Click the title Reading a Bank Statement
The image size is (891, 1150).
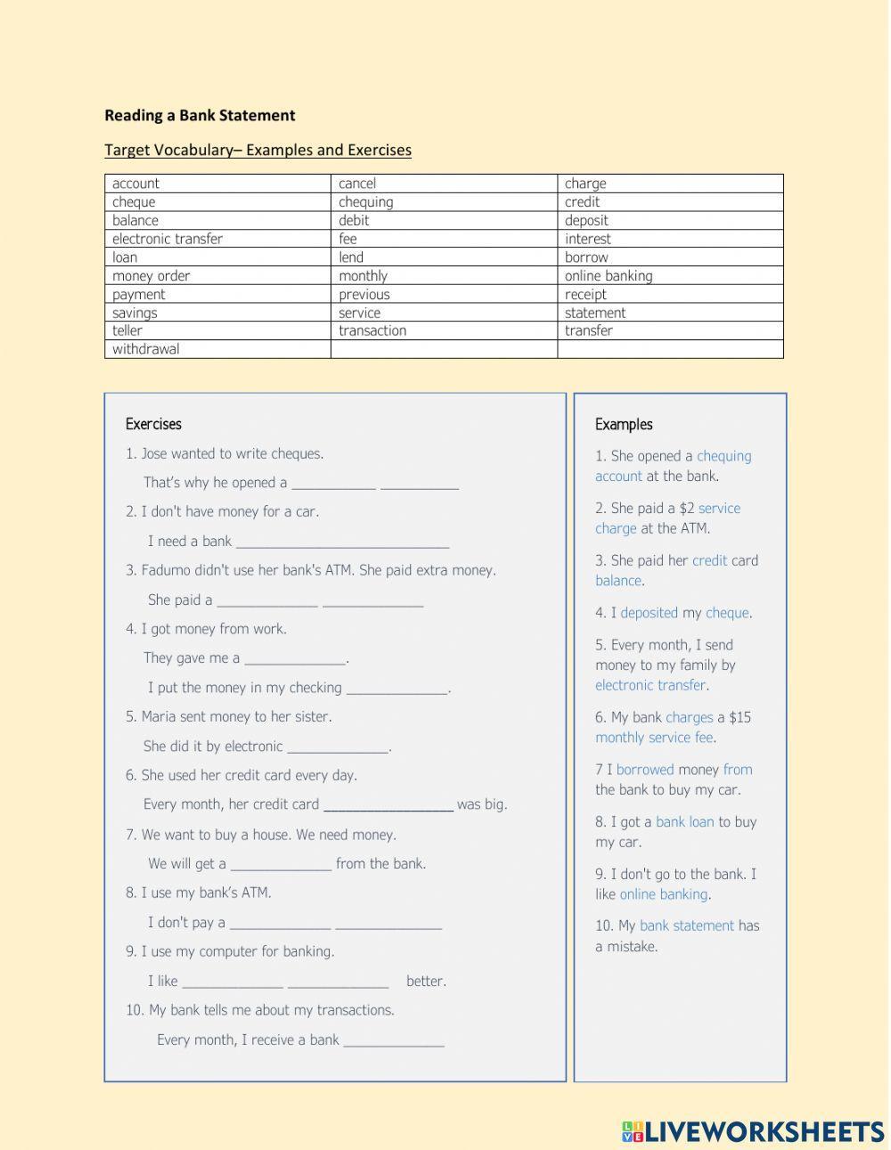[x=200, y=115]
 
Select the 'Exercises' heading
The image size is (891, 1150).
[x=153, y=424]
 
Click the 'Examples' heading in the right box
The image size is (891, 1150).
[x=624, y=424]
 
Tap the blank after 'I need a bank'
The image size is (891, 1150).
[x=342, y=542]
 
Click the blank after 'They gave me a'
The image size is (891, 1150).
[x=295, y=659]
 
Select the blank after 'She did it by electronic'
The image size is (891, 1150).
[x=338, y=747]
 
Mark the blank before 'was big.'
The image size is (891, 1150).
[x=388, y=805]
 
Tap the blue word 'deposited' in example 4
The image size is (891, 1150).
[x=649, y=613]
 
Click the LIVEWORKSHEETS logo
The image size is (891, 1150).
[x=753, y=1130]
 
